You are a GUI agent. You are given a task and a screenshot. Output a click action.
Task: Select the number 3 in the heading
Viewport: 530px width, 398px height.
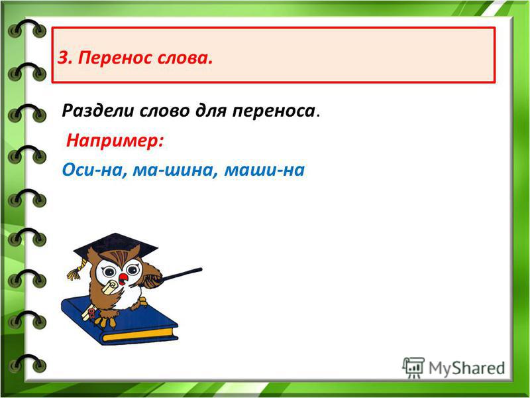[64, 58]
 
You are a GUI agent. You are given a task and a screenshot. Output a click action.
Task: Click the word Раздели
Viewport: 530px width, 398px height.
[97, 111]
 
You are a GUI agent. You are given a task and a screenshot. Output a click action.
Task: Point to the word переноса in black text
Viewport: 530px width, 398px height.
[274, 111]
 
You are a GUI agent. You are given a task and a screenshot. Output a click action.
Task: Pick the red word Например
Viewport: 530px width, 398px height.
[115, 141]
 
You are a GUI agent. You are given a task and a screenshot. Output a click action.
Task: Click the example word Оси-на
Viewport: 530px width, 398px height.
[94, 170]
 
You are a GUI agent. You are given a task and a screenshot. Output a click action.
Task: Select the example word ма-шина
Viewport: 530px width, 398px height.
[174, 170]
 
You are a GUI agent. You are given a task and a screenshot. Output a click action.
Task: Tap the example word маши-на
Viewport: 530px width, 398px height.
[264, 170]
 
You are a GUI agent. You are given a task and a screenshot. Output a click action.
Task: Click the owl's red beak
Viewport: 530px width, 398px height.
[123, 279]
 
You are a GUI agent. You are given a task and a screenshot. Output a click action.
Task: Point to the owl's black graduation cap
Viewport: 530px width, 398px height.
[115, 245]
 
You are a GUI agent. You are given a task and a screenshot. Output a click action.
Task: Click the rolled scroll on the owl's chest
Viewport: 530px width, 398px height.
[110, 288]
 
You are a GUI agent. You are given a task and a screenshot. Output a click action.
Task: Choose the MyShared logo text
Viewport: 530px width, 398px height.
[467, 368]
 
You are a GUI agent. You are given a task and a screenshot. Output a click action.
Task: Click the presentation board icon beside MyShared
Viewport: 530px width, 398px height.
[413, 367]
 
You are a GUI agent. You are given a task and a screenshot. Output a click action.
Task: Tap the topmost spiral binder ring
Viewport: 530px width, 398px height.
[27, 29]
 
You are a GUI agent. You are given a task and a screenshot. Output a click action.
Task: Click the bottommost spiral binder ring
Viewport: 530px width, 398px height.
[27, 364]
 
